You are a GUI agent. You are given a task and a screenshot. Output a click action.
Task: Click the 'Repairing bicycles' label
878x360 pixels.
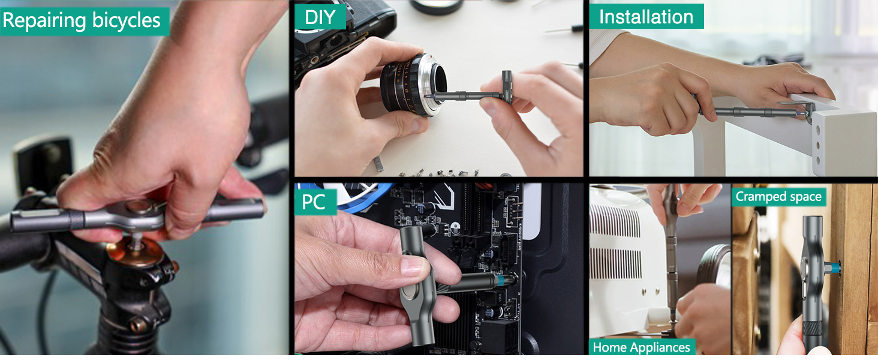click(x=82, y=21)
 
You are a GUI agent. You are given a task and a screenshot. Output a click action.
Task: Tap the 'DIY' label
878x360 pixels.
click(x=320, y=17)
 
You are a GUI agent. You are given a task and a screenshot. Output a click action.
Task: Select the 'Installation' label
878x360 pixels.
click(x=646, y=17)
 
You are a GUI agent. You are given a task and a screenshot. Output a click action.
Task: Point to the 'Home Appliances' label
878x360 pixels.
click(x=641, y=347)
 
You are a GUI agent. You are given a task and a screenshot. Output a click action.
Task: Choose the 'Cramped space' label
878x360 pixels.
click(x=778, y=196)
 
